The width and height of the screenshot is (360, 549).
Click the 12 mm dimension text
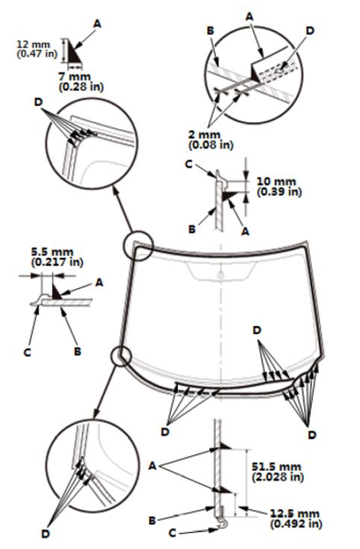[x=34, y=45]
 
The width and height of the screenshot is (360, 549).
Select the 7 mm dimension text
[x=74, y=77]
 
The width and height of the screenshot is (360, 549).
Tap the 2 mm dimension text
[x=204, y=135]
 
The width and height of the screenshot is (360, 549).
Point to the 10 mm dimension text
[x=276, y=182]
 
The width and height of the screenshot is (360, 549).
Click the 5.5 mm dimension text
[x=53, y=252]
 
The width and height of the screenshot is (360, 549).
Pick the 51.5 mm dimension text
[x=276, y=467]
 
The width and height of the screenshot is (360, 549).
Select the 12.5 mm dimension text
[x=295, y=514]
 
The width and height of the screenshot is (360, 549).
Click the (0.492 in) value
[x=296, y=523]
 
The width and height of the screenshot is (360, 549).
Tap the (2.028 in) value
[x=278, y=476]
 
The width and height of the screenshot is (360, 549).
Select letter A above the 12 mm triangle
[x=97, y=24]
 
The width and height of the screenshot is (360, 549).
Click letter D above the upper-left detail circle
[x=38, y=102]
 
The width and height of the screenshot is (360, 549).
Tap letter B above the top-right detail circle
[x=210, y=31]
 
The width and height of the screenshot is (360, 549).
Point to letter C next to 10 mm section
[x=189, y=164]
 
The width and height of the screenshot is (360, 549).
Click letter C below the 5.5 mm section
[x=28, y=352]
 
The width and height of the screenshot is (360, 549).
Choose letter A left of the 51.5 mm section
[x=152, y=466]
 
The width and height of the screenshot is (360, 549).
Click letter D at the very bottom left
[x=46, y=534]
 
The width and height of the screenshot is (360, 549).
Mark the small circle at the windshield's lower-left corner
[x=121, y=356]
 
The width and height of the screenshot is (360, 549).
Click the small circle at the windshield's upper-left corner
[x=138, y=245]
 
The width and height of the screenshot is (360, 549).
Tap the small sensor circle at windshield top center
[x=220, y=276]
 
